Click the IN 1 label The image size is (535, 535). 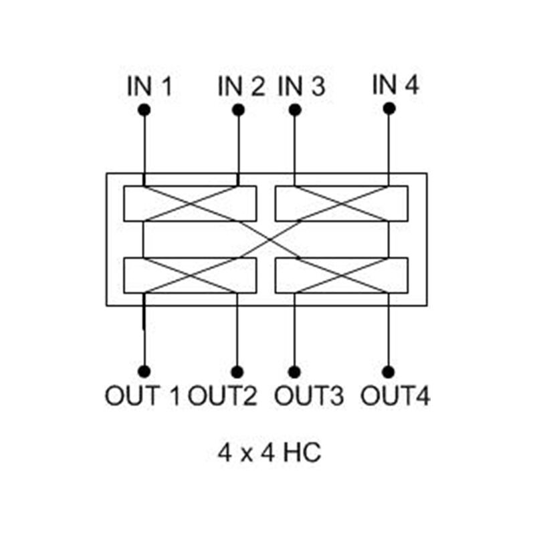(149, 86)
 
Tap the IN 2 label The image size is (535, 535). (241, 86)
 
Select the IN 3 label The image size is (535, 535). (301, 86)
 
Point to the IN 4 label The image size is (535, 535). (395, 85)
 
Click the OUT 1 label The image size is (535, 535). (142, 396)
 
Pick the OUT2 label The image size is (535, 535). (222, 396)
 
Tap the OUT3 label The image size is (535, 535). (309, 396)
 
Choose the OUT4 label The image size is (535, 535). (395, 396)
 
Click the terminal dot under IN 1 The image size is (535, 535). (143, 110)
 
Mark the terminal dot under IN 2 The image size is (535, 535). (237, 110)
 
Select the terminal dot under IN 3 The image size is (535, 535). (293, 110)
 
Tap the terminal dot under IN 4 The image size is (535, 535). (389, 108)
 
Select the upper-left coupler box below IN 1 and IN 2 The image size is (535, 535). (191, 203)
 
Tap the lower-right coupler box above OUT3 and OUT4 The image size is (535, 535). (342, 275)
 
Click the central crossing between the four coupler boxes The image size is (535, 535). (267, 239)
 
